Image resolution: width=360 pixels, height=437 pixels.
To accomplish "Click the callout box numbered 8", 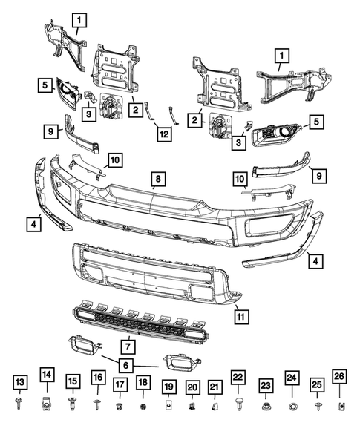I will click(x=157, y=178).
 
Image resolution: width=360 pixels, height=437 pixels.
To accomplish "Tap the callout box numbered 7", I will click(x=127, y=345).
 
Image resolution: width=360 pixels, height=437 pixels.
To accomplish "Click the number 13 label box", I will click(x=19, y=381).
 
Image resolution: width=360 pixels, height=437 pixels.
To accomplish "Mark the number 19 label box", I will click(x=168, y=385).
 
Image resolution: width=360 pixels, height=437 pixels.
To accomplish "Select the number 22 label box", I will click(x=239, y=378).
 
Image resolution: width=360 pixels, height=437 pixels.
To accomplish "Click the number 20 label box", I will click(x=192, y=385).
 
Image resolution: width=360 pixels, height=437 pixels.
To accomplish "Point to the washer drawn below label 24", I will click(x=292, y=407).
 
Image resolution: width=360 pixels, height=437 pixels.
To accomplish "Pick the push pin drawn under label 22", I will click(x=239, y=404).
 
